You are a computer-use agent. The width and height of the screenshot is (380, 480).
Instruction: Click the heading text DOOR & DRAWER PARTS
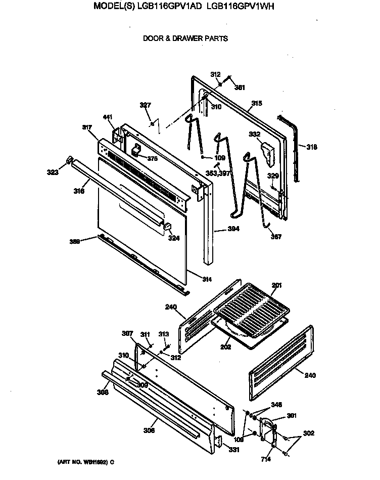[x=185, y=38]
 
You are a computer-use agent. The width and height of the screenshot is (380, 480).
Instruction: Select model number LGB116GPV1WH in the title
[x=241, y=7]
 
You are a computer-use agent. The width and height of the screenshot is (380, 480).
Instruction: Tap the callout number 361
[x=240, y=87]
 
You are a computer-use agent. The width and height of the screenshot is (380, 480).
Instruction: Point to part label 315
[x=257, y=103]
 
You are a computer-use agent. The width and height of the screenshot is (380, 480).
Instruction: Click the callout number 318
[x=312, y=147]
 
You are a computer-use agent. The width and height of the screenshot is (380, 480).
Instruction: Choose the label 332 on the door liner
[x=254, y=134]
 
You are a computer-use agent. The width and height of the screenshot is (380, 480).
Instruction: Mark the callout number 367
[x=276, y=237]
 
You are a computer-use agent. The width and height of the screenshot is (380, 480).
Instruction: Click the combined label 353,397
[x=218, y=173]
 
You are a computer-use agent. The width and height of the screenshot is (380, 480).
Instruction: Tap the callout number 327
[x=145, y=105]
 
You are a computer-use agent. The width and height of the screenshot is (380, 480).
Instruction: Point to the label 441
[x=108, y=117]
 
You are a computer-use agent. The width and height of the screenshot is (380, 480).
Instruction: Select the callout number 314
[x=207, y=279]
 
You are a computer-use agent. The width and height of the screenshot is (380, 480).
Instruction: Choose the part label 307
[x=127, y=333]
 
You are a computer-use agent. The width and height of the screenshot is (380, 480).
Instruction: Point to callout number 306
[x=149, y=430]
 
